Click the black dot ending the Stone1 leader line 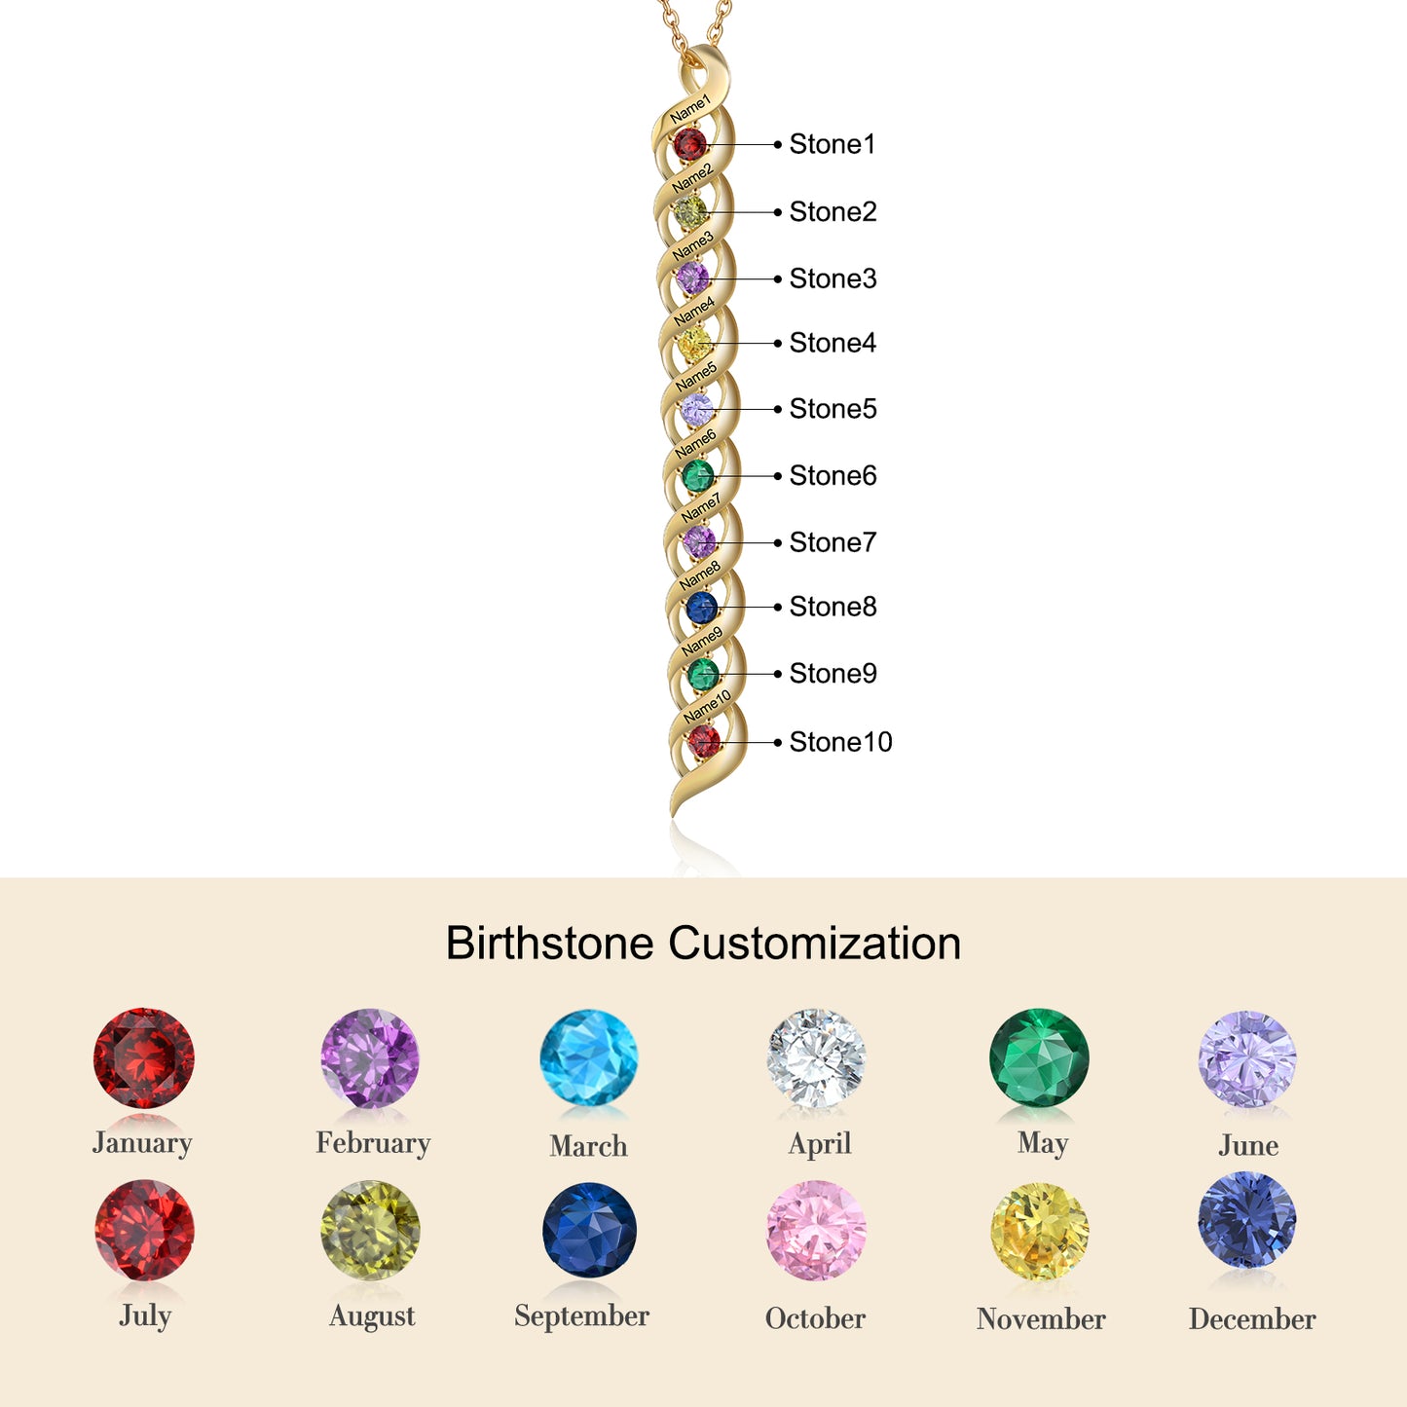778,144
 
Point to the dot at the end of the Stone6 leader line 778,476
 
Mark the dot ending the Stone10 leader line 778,743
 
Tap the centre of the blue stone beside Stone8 702,607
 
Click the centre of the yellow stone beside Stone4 693,343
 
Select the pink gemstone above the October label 816,1232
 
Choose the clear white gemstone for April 816,1058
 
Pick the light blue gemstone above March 588,1058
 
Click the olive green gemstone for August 370,1231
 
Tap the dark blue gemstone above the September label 589,1231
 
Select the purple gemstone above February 370,1058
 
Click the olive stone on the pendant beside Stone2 690,211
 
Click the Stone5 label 833,409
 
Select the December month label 1252,1319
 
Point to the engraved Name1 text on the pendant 689,109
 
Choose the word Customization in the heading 815,944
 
